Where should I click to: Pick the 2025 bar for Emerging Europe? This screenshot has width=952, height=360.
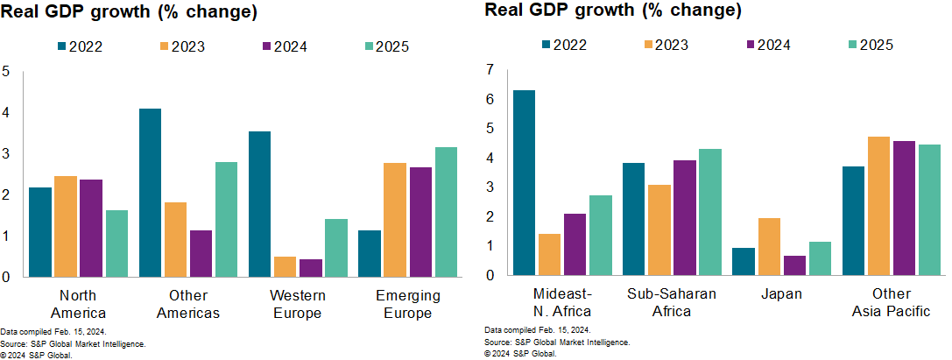pyautogui.click(x=446, y=211)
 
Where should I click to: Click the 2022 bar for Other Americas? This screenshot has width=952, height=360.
pyautogui.click(x=150, y=192)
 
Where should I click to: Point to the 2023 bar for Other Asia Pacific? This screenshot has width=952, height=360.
pyautogui.click(x=878, y=205)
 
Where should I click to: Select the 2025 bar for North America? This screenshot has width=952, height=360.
pyautogui.click(x=116, y=243)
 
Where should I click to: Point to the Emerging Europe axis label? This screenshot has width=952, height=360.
pyautogui.click(x=407, y=304)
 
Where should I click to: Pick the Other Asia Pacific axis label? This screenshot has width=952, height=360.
pyautogui.click(x=891, y=302)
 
